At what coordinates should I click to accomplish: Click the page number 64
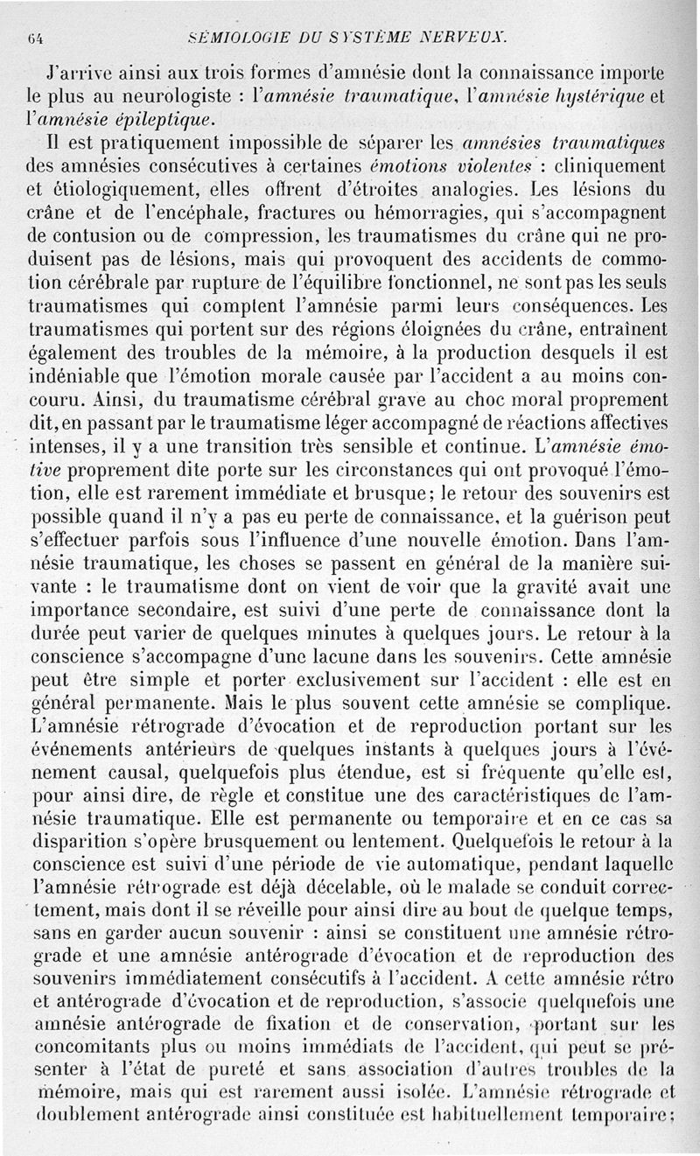(x=37, y=37)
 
